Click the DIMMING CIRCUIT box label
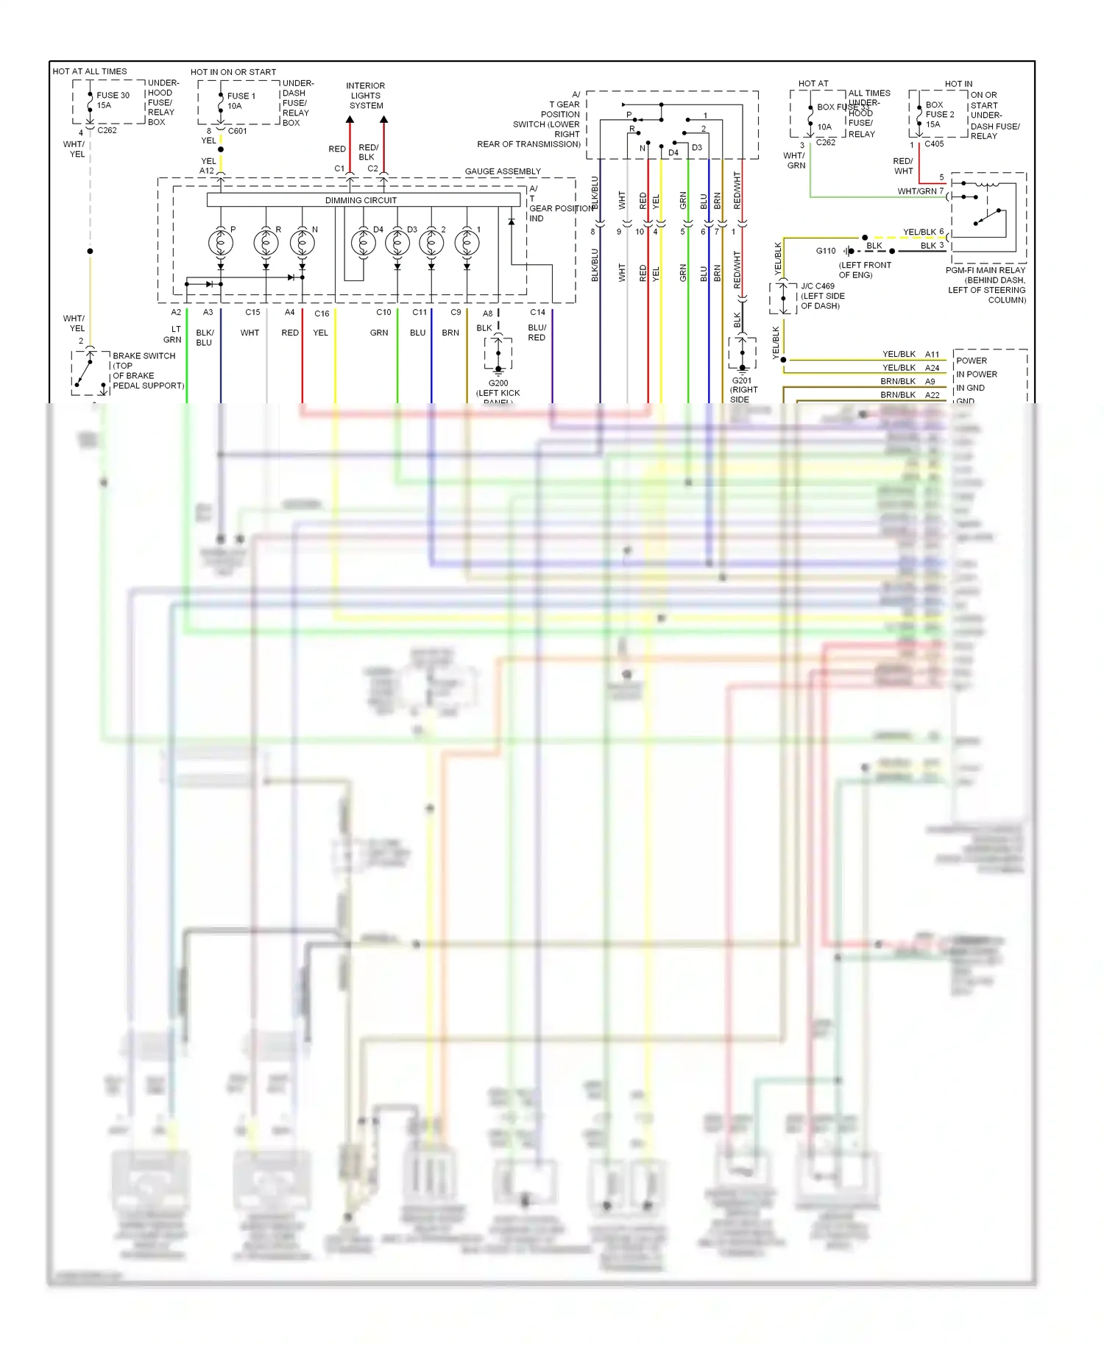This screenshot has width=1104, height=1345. pos(361,200)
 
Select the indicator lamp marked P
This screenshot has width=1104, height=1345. pos(220,242)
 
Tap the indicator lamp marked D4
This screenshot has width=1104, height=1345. pos(362,242)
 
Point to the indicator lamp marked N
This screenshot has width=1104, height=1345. pos(302,242)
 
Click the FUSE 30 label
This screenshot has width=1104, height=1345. pos(113,96)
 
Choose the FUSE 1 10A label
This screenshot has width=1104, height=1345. pos(241,101)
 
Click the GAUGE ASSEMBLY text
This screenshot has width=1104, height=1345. pos(503,171)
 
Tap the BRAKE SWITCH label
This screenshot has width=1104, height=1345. pos(144,356)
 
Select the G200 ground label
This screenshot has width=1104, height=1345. pos(498,383)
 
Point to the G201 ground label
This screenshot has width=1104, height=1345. pos(742,381)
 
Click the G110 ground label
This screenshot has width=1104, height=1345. pos(826,251)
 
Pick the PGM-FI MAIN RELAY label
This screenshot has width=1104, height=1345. pos(985,271)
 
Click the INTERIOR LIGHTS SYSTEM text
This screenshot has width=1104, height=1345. pos(366,96)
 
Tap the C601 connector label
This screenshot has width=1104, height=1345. pos(238,131)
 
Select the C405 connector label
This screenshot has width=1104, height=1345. pos(934,144)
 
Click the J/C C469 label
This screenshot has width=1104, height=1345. pos(818,286)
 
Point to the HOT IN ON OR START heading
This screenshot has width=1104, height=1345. pos(233,72)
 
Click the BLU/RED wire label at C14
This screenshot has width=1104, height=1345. pos(537,333)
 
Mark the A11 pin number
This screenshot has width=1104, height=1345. pos(932,355)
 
